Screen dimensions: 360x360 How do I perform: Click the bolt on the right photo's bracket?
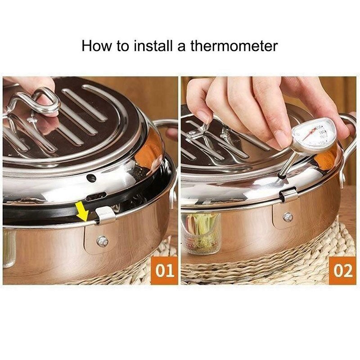(287, 217)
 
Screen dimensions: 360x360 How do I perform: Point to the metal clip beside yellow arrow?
(106, 216)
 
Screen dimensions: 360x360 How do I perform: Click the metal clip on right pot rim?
(288, 195)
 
